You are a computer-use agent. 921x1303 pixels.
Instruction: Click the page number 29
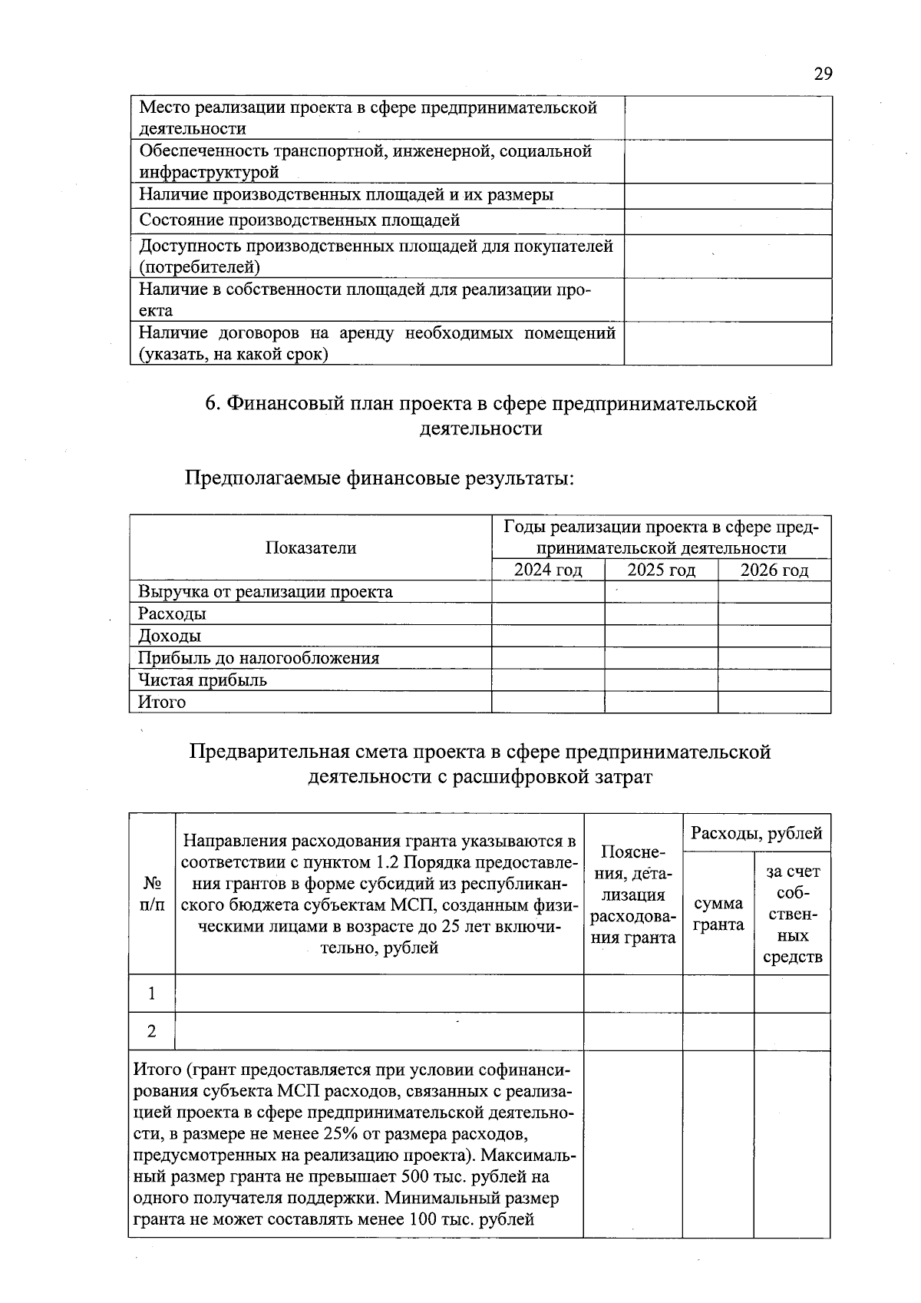tap(823, 74)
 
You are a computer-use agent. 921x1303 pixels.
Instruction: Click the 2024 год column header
tap(547, 570)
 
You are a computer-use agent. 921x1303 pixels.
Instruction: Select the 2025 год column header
tap(661, 570)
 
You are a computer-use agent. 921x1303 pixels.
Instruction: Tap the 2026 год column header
tap(774, 570)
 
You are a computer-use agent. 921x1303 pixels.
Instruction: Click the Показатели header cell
tap(311, 547)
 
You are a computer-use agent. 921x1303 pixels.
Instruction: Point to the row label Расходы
tap(172, 613)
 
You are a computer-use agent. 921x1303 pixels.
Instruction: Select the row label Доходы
tap(169, 636)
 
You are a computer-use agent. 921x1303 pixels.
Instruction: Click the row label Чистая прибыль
tap(202, 680)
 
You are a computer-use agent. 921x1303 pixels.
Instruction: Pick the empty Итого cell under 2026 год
tap(774, 702)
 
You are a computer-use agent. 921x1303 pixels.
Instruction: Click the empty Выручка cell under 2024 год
tap(547, 592)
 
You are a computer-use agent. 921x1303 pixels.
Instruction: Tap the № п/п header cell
tap(152, 894)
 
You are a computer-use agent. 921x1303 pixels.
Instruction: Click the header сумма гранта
tap(718, 914)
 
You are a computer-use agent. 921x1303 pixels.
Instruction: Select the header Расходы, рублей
tap(756, 833)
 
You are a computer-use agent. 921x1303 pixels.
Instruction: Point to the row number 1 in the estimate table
tap(152, 994)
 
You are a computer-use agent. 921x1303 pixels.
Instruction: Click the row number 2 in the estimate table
tap(152, 1031)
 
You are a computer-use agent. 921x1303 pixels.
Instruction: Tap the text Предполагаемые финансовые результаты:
tap(379, 478)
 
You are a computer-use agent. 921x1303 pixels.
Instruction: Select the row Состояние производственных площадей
tap(299, 220)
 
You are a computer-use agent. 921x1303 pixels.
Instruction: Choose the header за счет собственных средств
tap(792, 914)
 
